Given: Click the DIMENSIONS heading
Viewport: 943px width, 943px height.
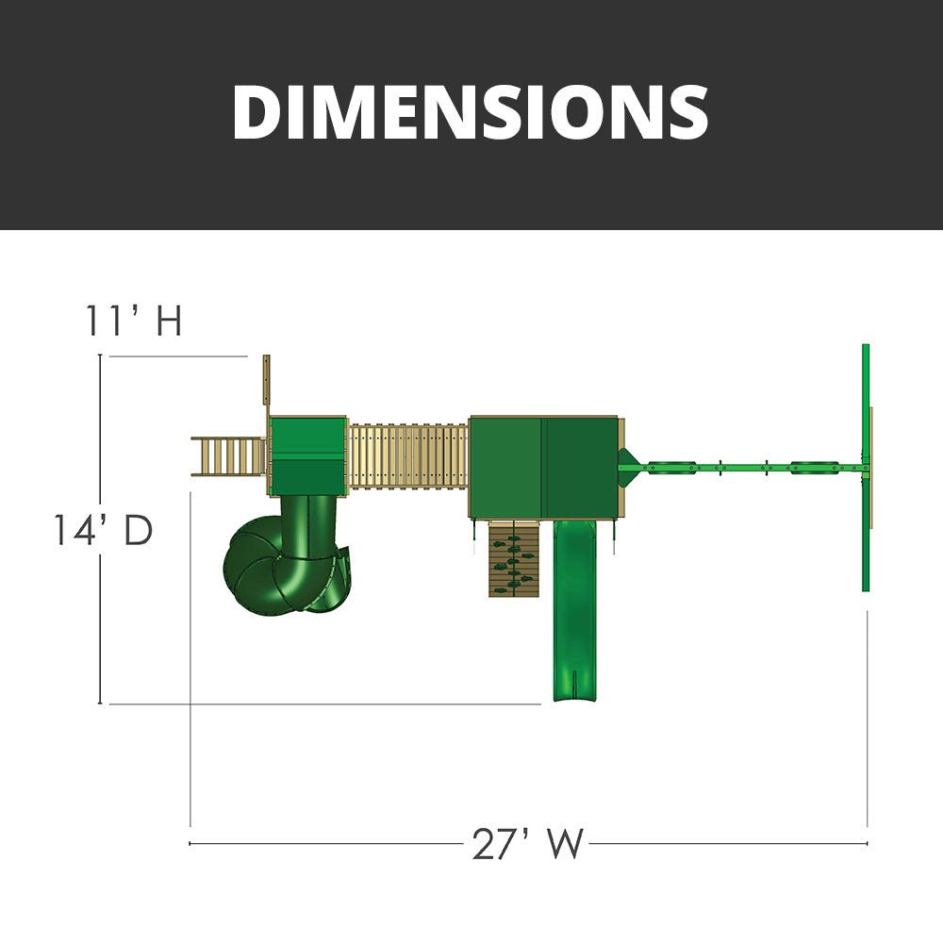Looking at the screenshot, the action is [471, 112].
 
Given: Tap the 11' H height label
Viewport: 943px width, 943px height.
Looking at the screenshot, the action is [134, 320].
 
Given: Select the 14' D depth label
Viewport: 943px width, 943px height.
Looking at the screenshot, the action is [104, 530].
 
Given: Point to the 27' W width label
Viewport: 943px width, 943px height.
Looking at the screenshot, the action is [527, 844].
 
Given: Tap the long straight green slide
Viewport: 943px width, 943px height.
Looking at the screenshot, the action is [575, 610].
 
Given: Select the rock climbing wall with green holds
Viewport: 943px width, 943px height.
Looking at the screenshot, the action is [513, 558].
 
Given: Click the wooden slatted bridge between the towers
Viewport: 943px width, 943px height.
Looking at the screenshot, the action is [407, 455].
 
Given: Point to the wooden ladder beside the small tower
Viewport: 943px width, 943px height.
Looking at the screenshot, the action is [229, 456].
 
